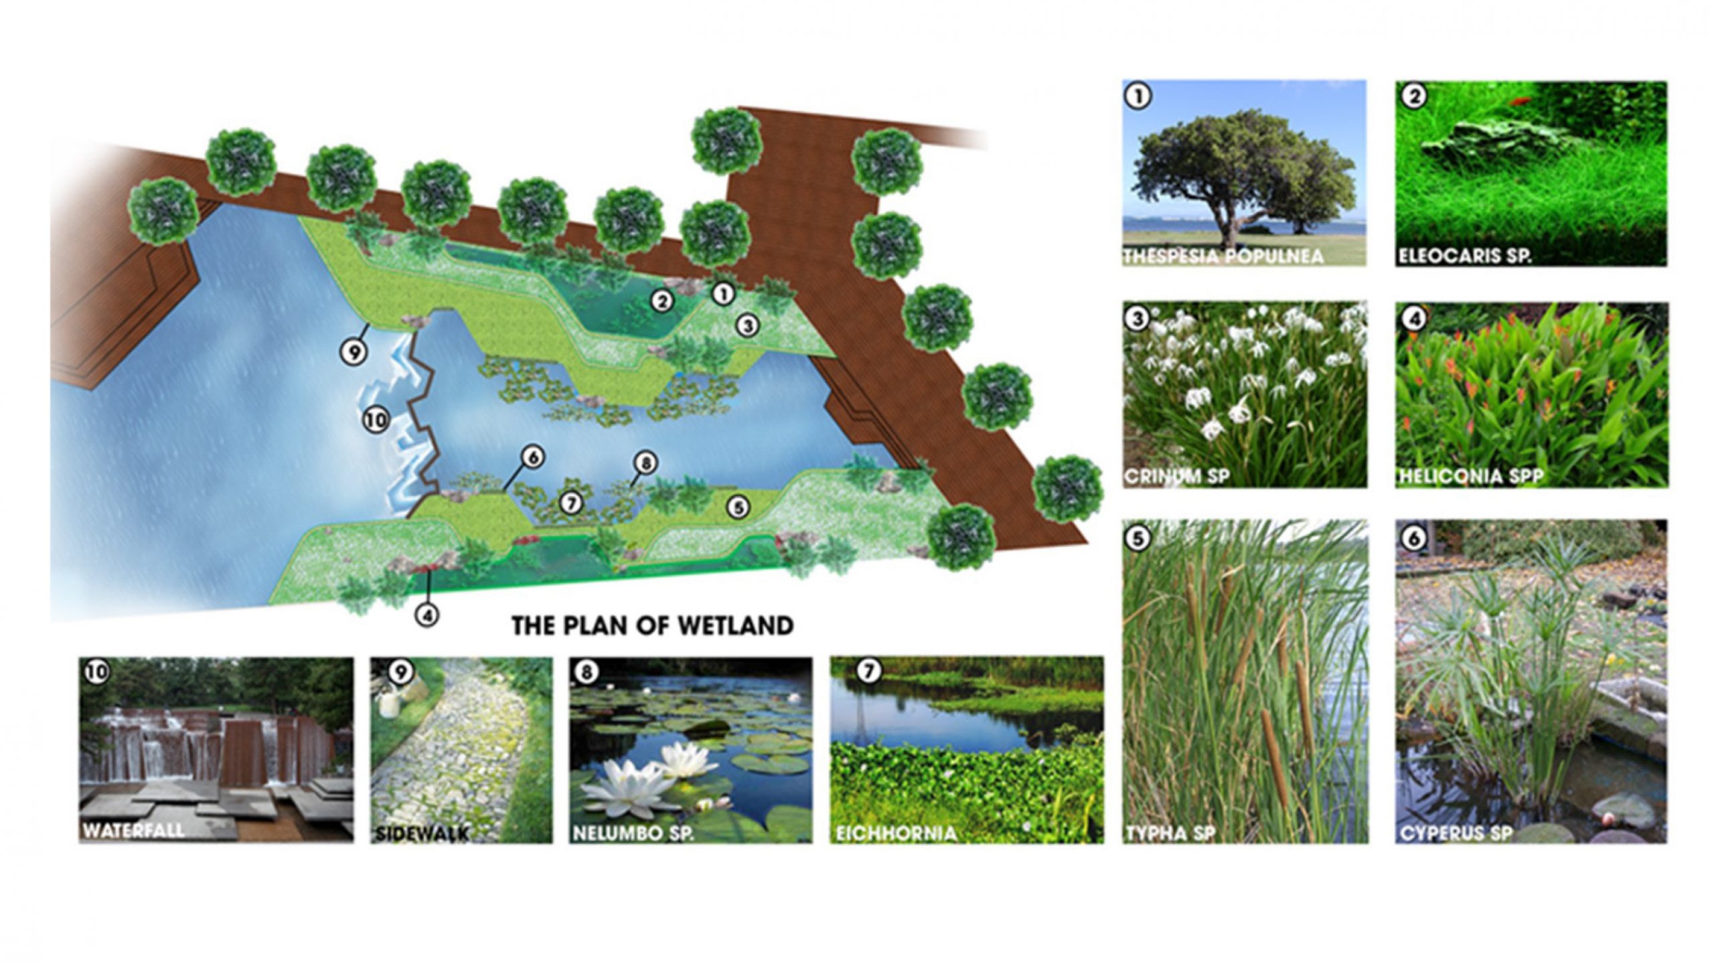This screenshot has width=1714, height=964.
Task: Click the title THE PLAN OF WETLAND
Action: point(653,625)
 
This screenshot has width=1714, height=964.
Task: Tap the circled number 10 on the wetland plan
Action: point(376,420)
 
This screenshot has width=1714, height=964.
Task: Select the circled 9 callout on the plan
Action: point(354,351)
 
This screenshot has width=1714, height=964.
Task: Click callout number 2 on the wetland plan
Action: point(663,302)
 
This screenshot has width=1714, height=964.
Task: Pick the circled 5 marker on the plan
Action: point(738,507)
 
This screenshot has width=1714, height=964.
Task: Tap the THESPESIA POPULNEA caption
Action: point(1223,256)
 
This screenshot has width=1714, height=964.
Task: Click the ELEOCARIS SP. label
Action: point(1464,256)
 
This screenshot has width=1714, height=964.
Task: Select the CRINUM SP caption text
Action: point(1177,477)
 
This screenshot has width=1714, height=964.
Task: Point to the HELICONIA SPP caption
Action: point(1471,477)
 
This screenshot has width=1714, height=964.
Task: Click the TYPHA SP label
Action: point(1170,833)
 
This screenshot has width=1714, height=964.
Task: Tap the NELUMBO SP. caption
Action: point(633,834)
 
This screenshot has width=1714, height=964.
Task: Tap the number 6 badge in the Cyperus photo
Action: point(1413,539)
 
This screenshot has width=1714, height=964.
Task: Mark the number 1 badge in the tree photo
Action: point(1139,97)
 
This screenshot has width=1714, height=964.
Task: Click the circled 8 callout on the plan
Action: point(646,463)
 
